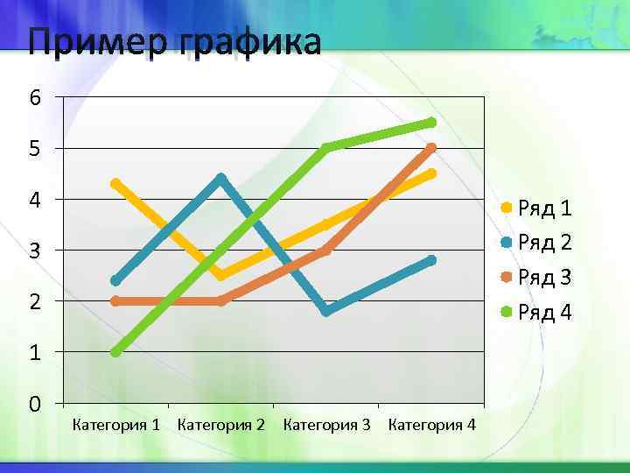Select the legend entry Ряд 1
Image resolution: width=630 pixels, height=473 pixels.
pos(544,208)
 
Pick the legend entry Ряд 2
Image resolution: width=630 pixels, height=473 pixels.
pos(544,243)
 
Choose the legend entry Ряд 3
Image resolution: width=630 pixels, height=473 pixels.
pos(544,278)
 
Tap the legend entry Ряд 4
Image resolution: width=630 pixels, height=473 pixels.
pos(544,312)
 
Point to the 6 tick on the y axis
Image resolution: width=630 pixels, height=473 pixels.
pos(34,98)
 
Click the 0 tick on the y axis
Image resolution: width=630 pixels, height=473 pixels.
pos(34,405)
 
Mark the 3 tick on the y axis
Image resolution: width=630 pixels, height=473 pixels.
pos(34,251)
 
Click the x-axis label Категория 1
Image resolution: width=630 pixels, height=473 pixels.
pos(115,426)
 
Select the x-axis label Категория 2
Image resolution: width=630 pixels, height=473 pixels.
pos(220,426)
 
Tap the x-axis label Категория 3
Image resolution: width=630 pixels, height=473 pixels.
pos(326,426)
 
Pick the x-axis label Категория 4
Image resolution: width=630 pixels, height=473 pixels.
pos(431,426)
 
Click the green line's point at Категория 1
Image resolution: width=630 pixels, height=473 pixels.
pos(115,352)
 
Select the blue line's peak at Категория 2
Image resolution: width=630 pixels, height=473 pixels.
pos(220,179)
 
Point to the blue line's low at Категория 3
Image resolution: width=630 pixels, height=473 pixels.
pos(326,311)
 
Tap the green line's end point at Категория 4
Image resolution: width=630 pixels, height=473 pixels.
pos(431,122)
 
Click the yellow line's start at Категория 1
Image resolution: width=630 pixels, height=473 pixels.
pos(115,184)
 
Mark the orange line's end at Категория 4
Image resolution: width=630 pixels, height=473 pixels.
pos(431,148)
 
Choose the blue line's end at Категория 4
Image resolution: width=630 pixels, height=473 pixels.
pos(431,260)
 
